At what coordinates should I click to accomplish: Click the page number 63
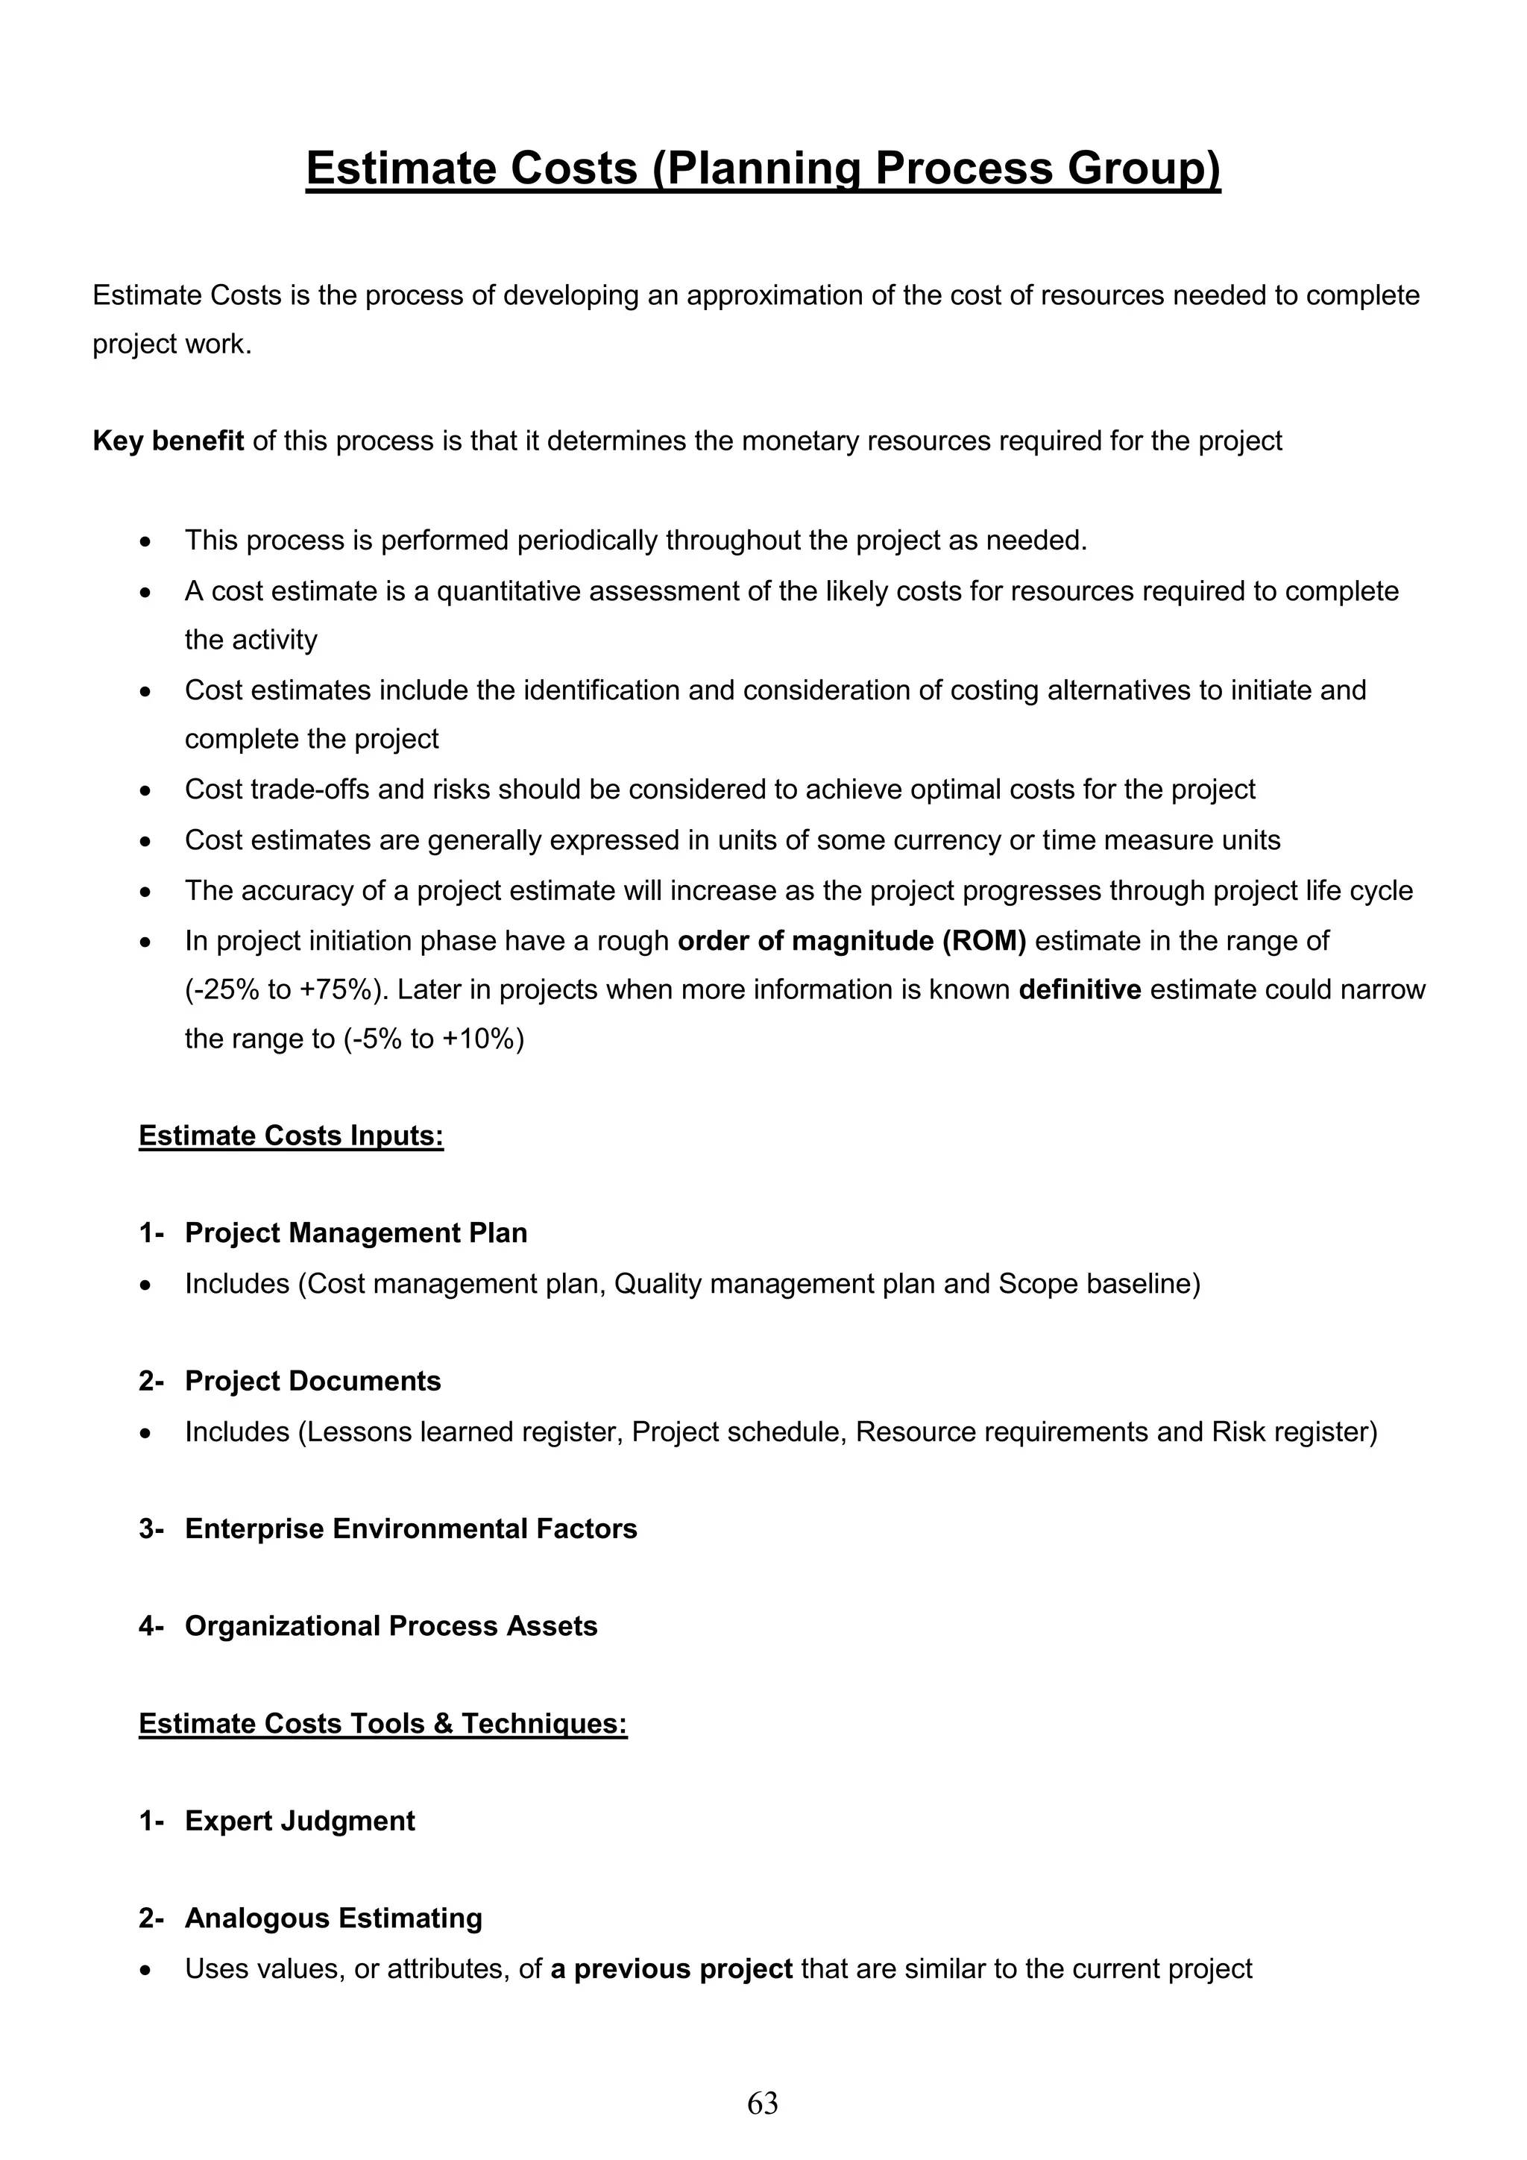[762, 2103]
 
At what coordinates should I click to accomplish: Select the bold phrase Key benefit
[169, 441]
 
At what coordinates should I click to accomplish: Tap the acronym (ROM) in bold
[984, 941]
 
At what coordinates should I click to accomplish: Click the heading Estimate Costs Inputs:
[291, 1136]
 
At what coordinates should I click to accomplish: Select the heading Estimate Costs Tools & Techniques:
[383, 1724]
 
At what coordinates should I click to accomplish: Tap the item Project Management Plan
[356, 1232]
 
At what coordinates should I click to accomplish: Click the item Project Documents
[312, 1381]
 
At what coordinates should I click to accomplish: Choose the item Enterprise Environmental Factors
[410, 1528]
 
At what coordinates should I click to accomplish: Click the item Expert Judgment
[299, 1821]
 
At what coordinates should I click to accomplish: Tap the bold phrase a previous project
[672, 1968]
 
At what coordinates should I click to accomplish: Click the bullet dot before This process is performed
[144, 542]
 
